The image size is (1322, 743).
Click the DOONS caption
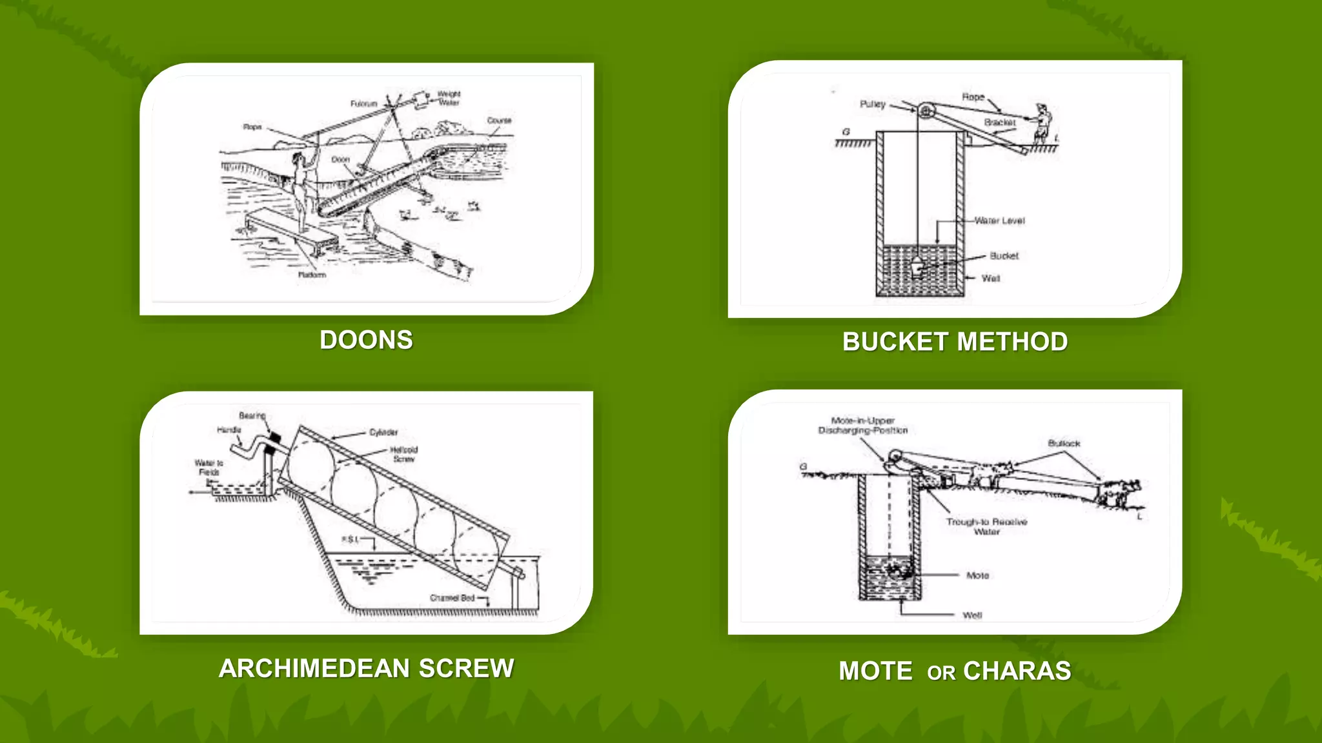[x=366, y=340]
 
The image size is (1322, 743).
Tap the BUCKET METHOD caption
[x=955, y=342]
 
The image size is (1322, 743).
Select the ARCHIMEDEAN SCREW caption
[x=366, y=668]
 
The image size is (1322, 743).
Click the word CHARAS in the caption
[x=1017, y=671]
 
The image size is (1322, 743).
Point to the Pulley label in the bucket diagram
[x=873, y=104]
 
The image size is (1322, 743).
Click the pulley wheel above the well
[x=926, y=111]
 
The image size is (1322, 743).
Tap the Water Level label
[x=999, y=221]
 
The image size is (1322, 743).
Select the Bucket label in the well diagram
[x=1004, y=256]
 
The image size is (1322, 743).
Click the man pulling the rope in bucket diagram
[x=1041, y=122]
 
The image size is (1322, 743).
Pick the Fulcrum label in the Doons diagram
[x=363, y=103]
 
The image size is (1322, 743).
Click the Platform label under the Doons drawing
[x=312, y=275]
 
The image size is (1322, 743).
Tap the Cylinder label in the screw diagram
[x=383, y=432]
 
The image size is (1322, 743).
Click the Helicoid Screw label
[x=404, y=454]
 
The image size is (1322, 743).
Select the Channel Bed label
[x=452, y=598]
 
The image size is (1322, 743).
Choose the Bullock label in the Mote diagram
[x=1064, y=443]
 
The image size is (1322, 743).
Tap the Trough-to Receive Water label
[x=986, y=526]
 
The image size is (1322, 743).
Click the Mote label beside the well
[x=977, y=575]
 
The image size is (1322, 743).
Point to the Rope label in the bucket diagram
[x=973, y=97]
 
